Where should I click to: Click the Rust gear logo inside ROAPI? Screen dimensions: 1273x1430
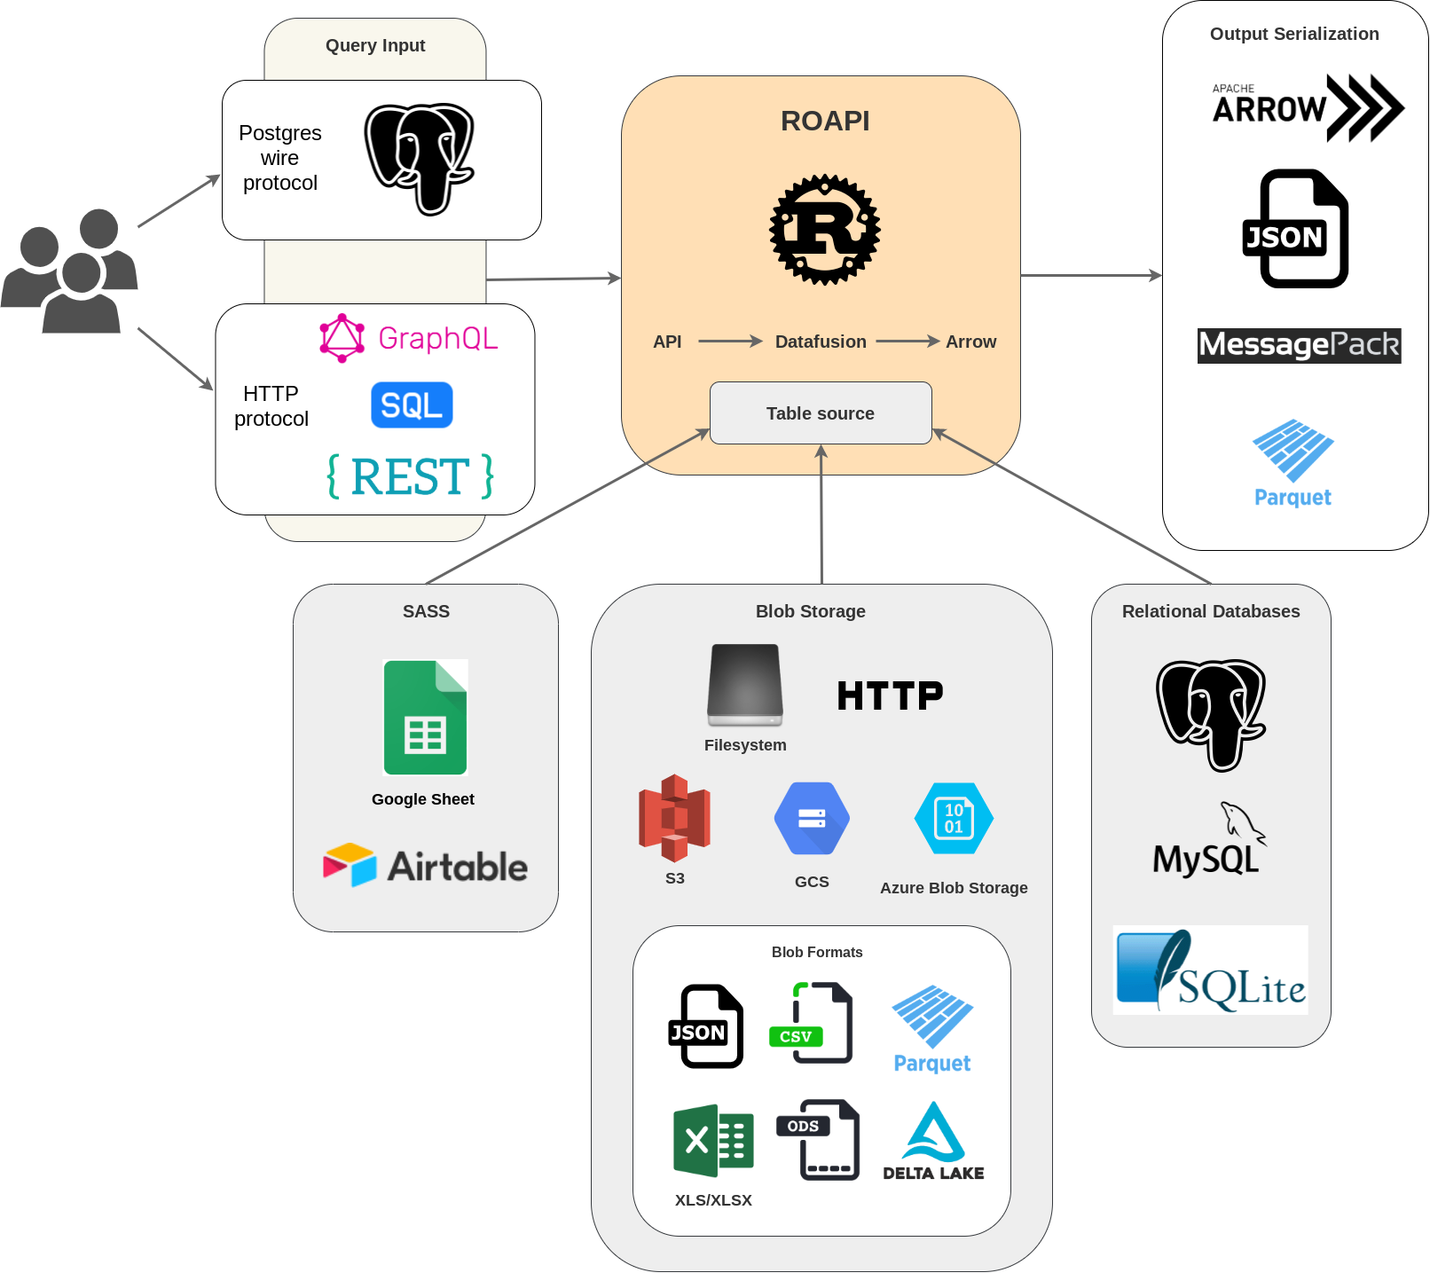click(824, 229)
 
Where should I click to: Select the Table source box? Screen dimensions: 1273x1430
click(821, 413)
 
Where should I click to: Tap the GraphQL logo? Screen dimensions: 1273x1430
click(409, 338)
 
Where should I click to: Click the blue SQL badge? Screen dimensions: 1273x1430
click(412, 405)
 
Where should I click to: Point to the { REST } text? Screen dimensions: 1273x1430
click(411, 476)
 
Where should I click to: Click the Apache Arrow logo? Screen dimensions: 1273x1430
click(1307, 107)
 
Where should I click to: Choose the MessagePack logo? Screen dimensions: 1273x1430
click(1299, 345)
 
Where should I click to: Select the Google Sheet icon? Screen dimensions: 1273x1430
click(425, 718)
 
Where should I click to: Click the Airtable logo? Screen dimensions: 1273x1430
click(425, 866)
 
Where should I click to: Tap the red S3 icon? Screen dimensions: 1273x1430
click(674, 818)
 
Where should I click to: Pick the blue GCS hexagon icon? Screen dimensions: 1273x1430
click(812, 818)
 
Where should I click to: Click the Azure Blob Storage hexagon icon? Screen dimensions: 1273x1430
click(954, 818)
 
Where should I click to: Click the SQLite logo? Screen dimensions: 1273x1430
click(1210, 970)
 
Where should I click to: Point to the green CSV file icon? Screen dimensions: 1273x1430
click(810, 1023)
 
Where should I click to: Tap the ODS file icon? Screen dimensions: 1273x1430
click(818, 1140)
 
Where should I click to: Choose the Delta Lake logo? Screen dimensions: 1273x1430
click(933, 1142)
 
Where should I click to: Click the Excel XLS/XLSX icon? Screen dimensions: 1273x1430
click(713, 1141)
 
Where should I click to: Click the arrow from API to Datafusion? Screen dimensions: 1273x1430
click(729, 342)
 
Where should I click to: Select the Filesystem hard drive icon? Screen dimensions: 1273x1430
click(745, 684)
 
